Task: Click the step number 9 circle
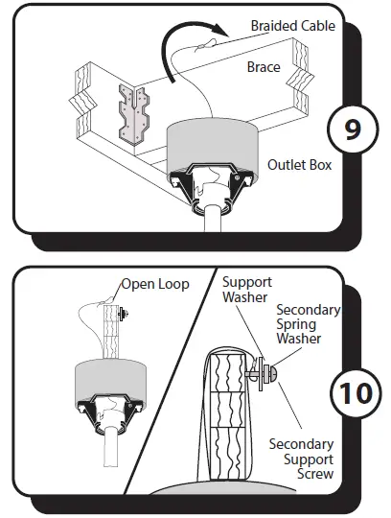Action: tap(352, 130)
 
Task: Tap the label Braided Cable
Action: tap(292, 26)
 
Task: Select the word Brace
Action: tap(264, 68)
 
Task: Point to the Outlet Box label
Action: tap(300, 165)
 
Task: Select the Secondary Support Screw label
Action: tap(301, 459)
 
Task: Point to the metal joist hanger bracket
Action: tap(133, 114)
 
